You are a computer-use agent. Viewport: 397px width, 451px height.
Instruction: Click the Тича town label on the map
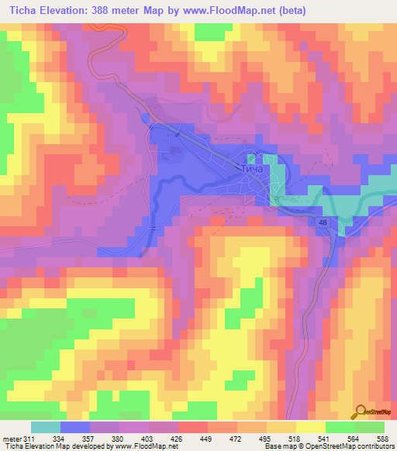coord(252,168)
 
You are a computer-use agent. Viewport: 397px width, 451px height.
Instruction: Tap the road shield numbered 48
coord(322,222)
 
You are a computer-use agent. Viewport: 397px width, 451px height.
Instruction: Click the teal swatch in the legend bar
coord(46,428)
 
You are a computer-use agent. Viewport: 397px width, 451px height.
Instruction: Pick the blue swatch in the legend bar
coord(75,428)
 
